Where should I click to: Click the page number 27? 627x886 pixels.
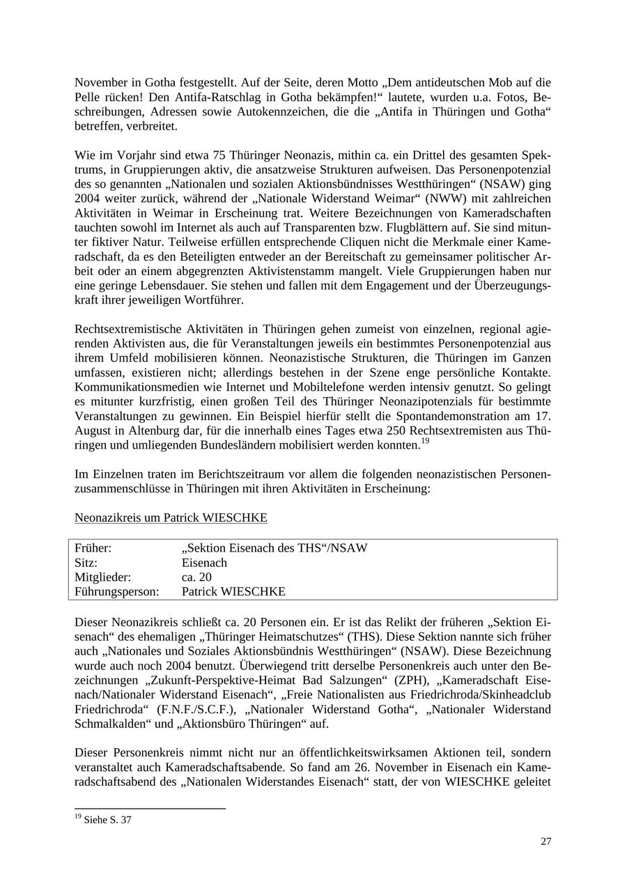545,841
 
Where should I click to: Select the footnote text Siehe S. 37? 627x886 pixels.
107,820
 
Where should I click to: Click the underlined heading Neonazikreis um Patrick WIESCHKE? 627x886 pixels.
171,518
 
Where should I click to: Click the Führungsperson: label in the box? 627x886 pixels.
116,592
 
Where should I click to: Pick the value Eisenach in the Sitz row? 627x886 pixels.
204,563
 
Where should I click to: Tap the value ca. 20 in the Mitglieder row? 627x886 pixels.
196,577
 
